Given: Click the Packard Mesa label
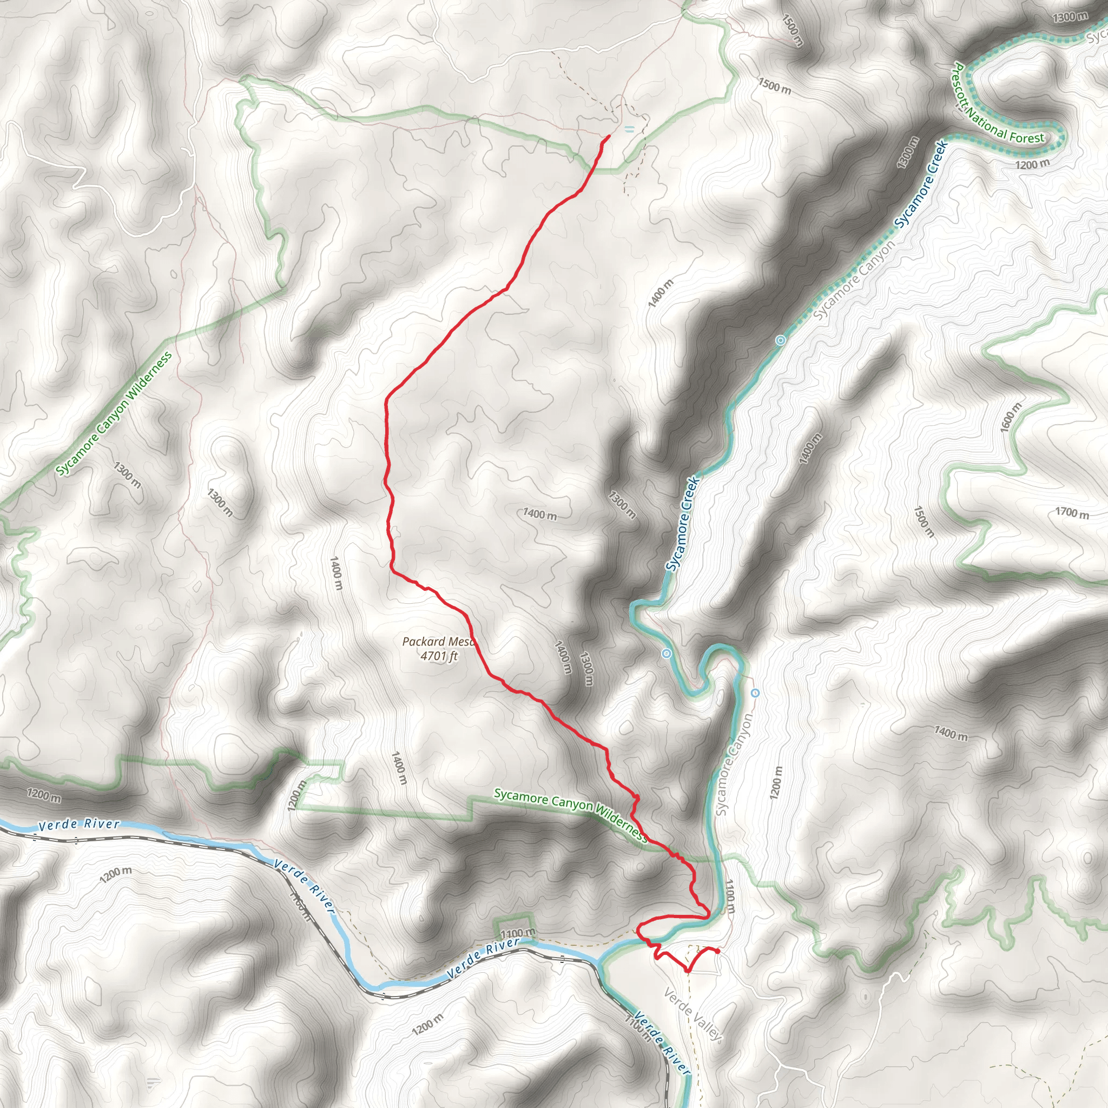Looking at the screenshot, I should coord(439,641).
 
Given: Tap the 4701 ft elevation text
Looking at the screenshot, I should coord(439,656).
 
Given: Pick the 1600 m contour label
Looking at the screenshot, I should coord(1011,417).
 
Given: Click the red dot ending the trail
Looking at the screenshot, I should coord(717,952).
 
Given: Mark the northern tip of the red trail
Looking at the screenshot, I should coord(608,136).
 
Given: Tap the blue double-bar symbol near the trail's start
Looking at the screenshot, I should coord(630,130).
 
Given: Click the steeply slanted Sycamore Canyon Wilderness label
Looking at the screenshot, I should coord(114,413).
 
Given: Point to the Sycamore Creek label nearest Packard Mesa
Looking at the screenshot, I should coord(682,524).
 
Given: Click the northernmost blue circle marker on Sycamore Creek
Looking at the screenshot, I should coord(780,341).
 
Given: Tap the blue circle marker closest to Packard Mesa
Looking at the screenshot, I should coord(667,654).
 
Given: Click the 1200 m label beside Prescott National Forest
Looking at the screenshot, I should coord(1032,164).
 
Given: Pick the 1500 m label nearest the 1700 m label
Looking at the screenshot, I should coord(924,522).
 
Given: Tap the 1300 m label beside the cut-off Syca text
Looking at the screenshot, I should coord(1070,17).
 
